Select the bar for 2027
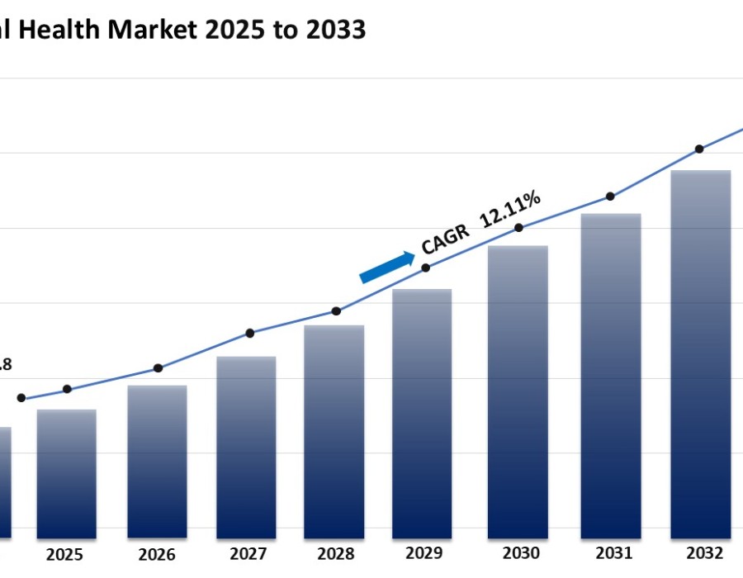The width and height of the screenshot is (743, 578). (x=246, y=447)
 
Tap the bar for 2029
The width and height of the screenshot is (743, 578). (x=422, y=413)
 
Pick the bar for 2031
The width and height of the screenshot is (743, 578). (x=611, y=376)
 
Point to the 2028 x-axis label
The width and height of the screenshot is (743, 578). (x=335, y=554)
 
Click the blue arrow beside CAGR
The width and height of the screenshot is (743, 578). (x=387, y=267)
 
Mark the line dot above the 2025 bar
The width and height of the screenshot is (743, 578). (x=68, y=389)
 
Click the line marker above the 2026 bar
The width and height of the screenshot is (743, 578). (x=159, y=368)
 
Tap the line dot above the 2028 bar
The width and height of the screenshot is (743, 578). (x=336, y=311)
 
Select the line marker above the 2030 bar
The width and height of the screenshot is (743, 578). (x=518, y=228)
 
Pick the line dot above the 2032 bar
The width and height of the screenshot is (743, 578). (x=699, y=149)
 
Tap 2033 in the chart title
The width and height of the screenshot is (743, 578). (x=333, y=30)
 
